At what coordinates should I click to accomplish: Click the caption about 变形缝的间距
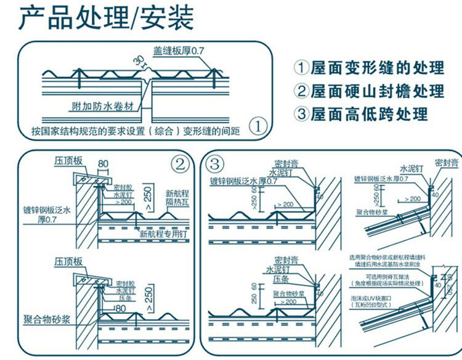coord(136,131)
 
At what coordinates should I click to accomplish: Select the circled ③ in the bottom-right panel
coord(214,165)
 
